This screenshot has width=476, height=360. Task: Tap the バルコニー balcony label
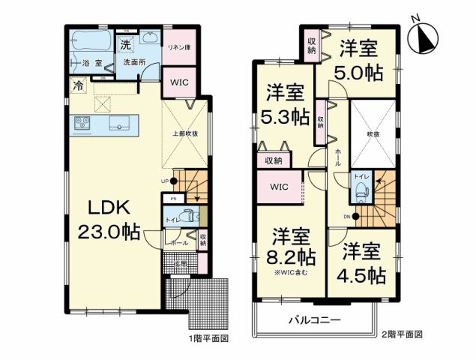pyautogui.click(x=316, y=320)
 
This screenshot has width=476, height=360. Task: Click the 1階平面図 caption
pyautogui.click(x=208, y=338)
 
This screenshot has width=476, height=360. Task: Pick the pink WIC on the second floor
pyautogui.click(x=279, y=186)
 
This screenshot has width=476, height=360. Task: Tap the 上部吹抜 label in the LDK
pyautogui.click(x=185, y=133)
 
